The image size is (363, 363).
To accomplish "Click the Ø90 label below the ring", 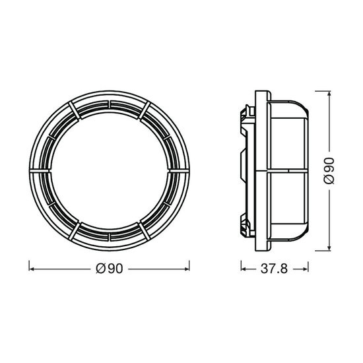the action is point(110,269).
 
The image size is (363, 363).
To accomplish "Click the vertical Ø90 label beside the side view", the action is point(329,171).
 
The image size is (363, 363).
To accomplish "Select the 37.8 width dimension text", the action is point(274,269).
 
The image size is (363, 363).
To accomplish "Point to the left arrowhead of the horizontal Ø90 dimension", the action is point(32,269).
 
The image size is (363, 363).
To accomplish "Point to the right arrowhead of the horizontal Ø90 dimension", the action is point(186,269).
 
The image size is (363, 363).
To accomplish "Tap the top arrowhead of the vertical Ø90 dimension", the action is point(329,94).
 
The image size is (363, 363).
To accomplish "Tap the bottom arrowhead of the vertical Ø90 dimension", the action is point(329,247).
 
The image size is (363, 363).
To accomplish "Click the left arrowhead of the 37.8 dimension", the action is point(244,269).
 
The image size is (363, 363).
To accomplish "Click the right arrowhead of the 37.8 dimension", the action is point(306,269).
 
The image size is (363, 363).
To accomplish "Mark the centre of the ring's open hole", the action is point(110,171).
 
